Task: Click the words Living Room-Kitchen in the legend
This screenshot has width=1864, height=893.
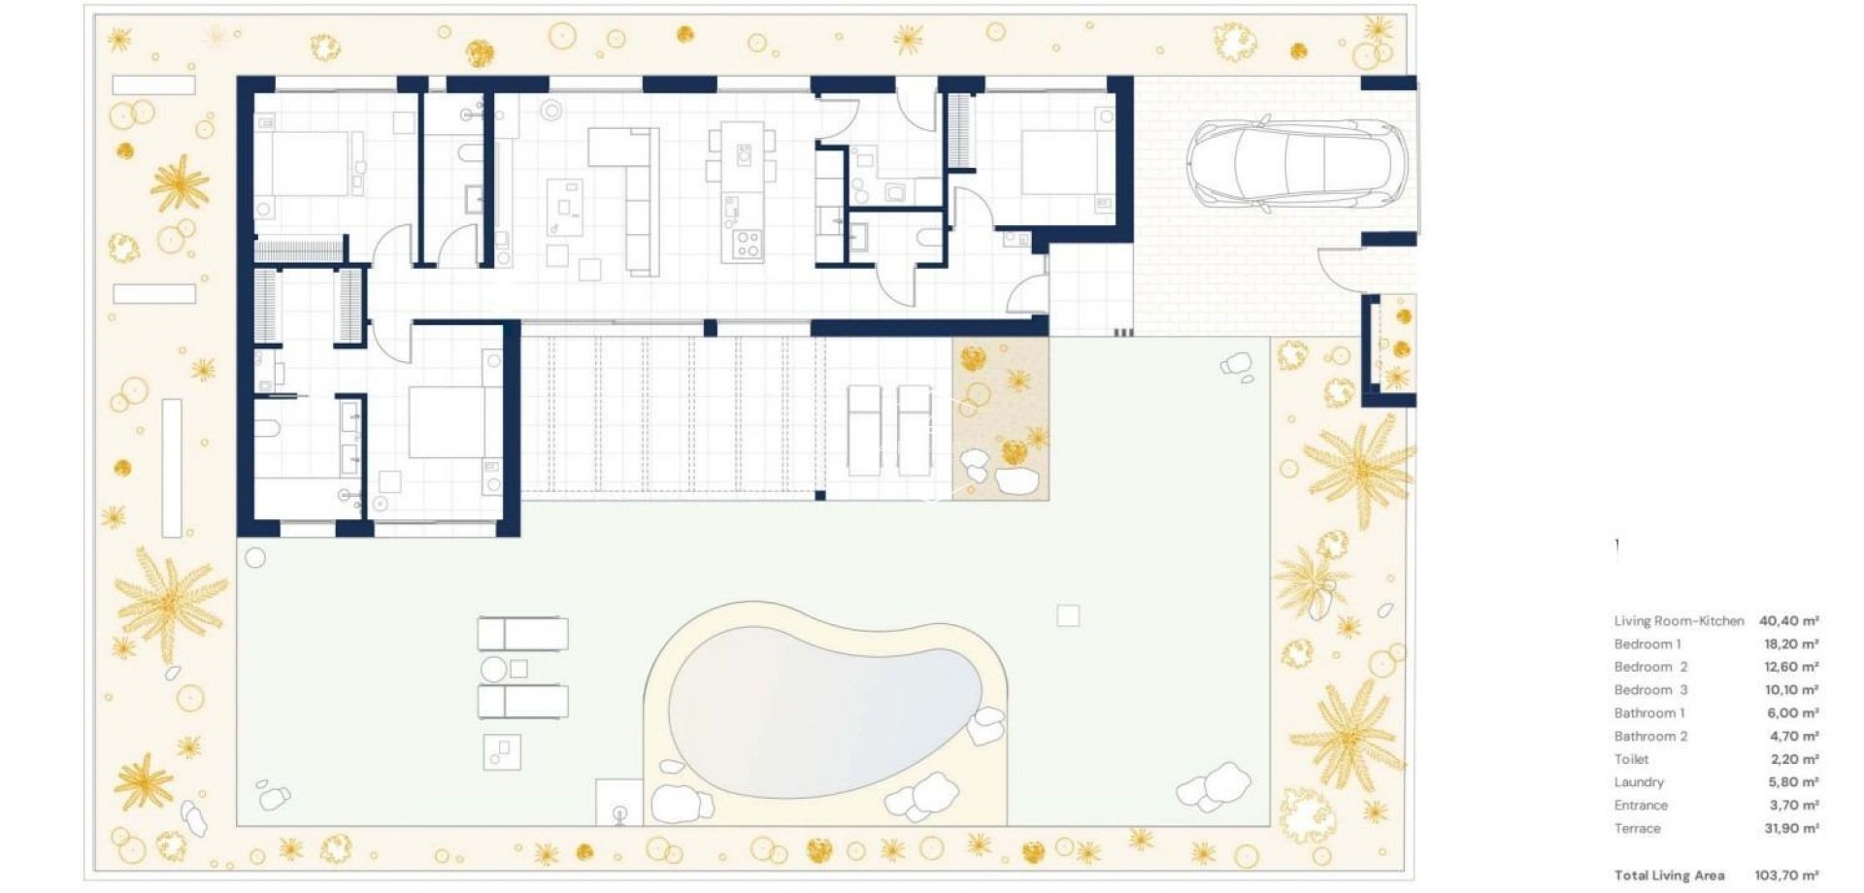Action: [1679, 621]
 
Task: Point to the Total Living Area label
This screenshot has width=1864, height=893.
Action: [1669, 876]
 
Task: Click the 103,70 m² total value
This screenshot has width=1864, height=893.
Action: [1786, 876]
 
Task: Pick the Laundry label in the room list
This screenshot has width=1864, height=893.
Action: [1639, 782]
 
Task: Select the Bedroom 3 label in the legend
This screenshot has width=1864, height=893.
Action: [1650, 690]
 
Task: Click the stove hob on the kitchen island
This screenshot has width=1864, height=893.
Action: [746, 243]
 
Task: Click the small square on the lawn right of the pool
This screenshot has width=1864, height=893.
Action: [1068, 615]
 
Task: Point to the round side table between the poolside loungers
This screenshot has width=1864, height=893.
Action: [494, 669]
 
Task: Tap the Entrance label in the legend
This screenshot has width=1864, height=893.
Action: [1641, 806]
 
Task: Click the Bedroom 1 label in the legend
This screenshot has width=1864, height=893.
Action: [1648, 645]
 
